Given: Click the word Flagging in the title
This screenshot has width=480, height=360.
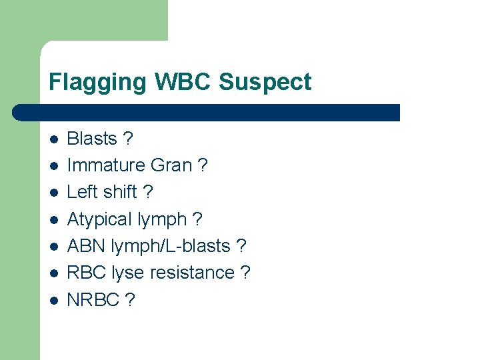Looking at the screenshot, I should click(x=98, y=83).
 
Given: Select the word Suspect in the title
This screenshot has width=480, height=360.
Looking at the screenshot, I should click(x=265, y=83).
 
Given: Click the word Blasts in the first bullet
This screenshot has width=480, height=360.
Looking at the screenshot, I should click(x=92, y=139).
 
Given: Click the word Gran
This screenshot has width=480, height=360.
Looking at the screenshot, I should click(x=172, y=165).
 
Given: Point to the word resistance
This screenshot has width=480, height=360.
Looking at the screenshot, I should click(x=192, y=273).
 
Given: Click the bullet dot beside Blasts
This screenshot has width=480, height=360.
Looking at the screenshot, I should click(x=54, y=139).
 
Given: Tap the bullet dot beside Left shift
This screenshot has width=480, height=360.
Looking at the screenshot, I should click(x=54, y=193).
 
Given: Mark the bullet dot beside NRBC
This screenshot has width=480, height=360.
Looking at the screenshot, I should click(x=54, y=301).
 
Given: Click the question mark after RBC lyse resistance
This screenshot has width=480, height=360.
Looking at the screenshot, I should click(x=245, y=273).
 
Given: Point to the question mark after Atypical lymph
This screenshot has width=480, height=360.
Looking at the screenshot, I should click(x=197, y=219).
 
